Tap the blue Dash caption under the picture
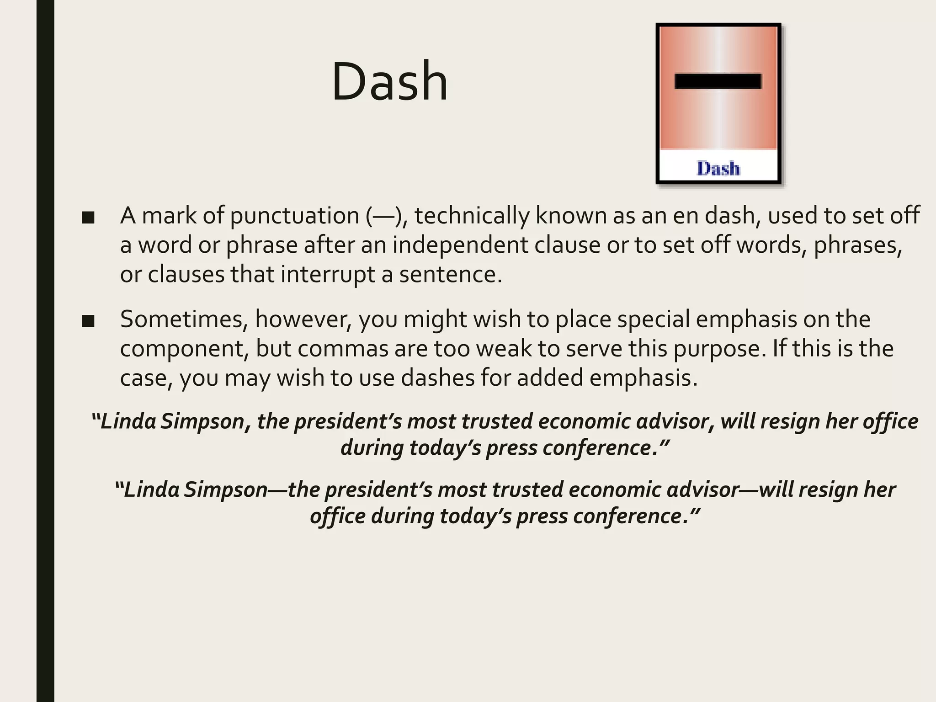coord(718,169)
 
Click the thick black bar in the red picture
coord(718,81)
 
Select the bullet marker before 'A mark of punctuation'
coord(88,218)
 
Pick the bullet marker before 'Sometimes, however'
coord(88,321)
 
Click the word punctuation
coord(295,216)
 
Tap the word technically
coord(472,216)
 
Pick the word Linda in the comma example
coord(128,421)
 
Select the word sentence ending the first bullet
coord(451,274)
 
